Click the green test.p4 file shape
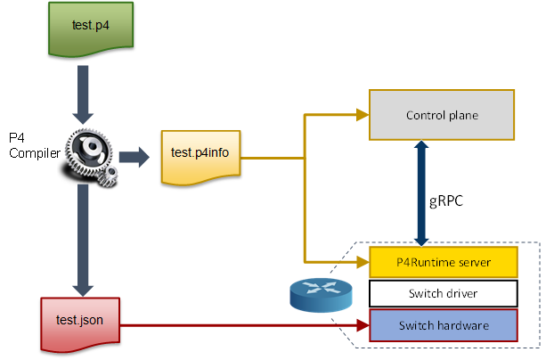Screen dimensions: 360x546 (x=91, y=26)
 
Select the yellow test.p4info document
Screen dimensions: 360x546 (x=200, y=155)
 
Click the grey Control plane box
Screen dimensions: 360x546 (x=442, y=115)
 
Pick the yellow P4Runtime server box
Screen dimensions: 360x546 (x=444, y=262)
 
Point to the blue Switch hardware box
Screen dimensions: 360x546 (x=444, y=325)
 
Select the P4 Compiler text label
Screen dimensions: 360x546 (x=24, y=145)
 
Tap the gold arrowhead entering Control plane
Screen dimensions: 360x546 (x=363, y=114)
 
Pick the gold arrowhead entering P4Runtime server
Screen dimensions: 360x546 (x=363, y=262)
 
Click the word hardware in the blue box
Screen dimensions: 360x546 (x=465, y=325)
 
